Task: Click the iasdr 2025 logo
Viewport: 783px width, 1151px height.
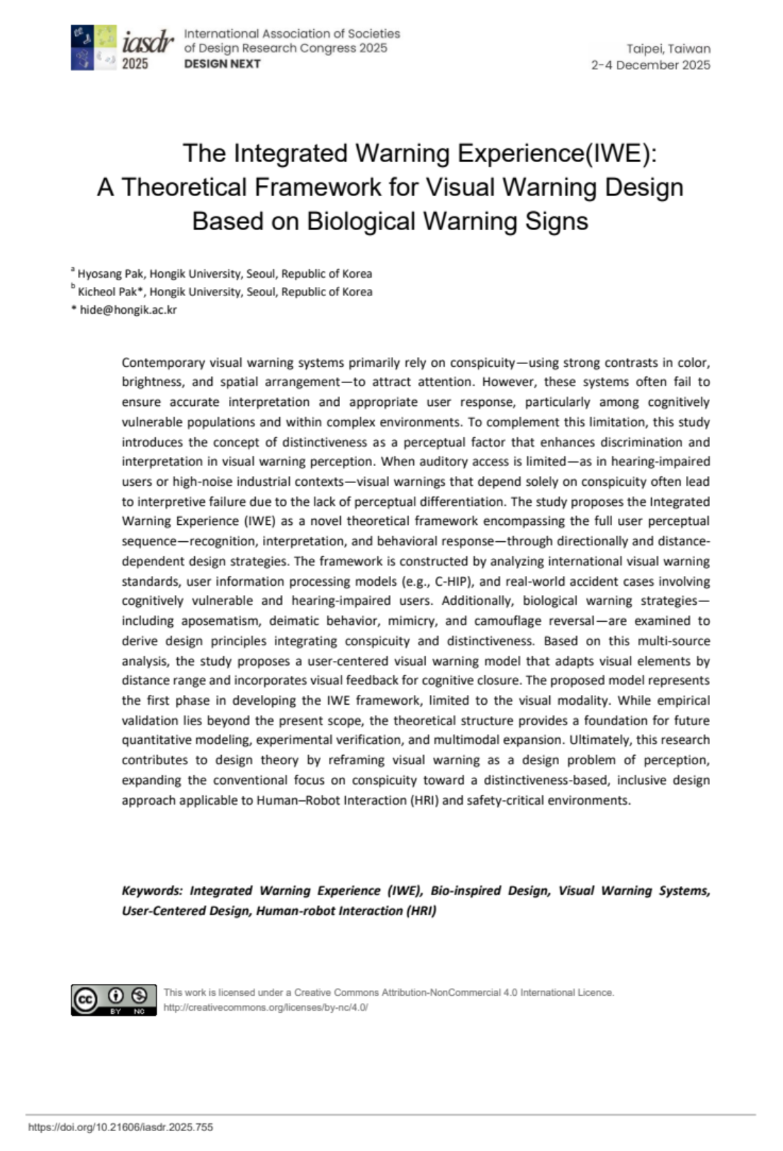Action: click(122, 48)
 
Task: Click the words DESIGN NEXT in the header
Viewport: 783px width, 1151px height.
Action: click(222, 64)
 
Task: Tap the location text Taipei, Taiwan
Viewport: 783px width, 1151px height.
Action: click(667, 49)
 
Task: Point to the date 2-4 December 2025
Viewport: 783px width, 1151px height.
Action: click(650, 65)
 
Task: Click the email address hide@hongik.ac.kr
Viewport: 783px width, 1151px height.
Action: click(128, 310)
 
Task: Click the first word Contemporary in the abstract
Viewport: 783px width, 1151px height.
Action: click(163, 363)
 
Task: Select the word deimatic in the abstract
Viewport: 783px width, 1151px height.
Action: click(288, 621)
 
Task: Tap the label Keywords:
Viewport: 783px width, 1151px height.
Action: click(152, 891)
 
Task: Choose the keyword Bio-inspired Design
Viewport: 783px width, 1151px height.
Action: click(490, 891)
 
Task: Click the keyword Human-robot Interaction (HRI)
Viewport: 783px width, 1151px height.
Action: click(346, 911)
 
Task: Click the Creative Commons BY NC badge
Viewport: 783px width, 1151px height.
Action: click(113, 999)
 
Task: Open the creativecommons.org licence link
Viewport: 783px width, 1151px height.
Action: click(266, 1007)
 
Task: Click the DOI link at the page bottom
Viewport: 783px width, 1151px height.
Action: click(120, 1127)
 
